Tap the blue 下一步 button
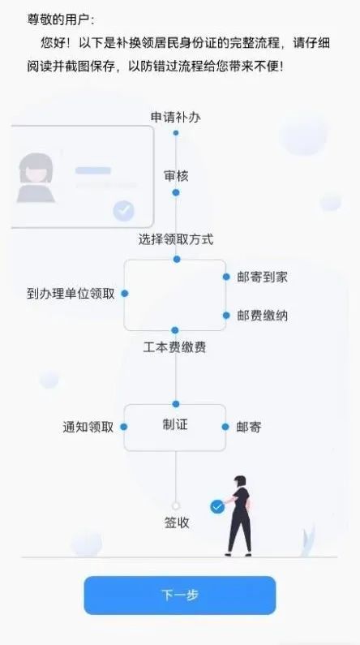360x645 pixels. click(179, 595)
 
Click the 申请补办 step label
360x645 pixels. click(176, 118)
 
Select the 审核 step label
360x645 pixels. click(176, 176)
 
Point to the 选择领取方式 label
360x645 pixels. click(176, 239)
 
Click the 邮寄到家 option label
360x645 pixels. click(262, 277)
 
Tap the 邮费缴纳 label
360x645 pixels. click(262, 316)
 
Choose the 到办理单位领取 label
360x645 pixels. click(71, 294)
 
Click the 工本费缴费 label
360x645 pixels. click(174, 347)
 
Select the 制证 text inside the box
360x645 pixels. click(175, 424)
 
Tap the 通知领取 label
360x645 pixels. click(88, 427)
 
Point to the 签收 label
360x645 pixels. click(177, 522)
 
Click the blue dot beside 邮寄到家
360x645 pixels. click(226, 277)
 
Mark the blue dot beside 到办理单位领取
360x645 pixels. click(125, 294)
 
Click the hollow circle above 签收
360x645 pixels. click(176, 505)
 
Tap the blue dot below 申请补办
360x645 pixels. click(176, 133)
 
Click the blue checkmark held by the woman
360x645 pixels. click(217, 507)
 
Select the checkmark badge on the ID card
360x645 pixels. click(124, 211)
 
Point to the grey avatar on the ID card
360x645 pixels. click(36, 178)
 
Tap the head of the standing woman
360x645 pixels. click(240, 481)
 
